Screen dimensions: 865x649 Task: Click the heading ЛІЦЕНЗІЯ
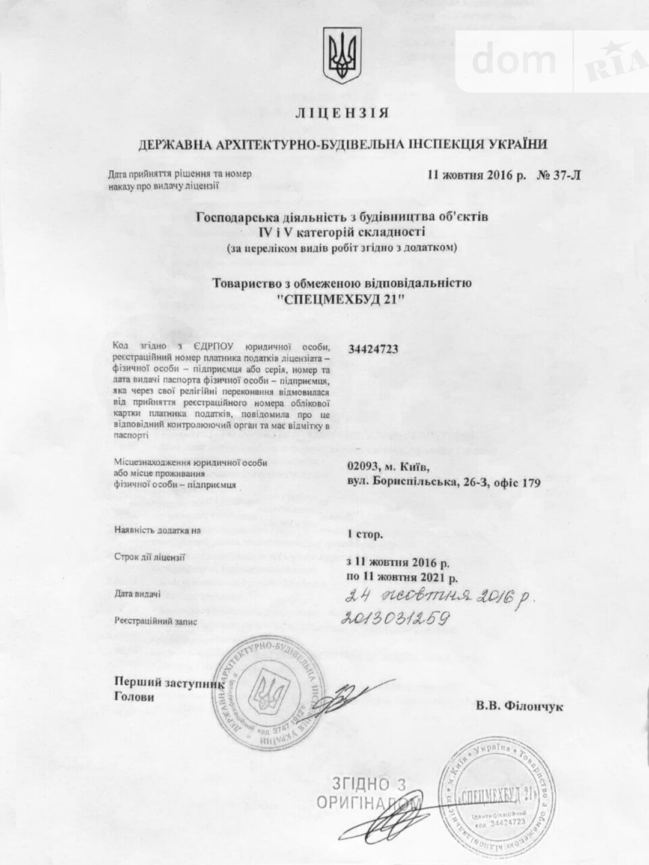(x=343, y=113)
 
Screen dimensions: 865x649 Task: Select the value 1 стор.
(x=365, y=533)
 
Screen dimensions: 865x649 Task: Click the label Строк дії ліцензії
(x=150, y=556)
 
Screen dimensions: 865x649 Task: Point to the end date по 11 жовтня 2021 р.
(x=402, y=578)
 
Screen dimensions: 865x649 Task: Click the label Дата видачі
(x=137, y=593)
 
